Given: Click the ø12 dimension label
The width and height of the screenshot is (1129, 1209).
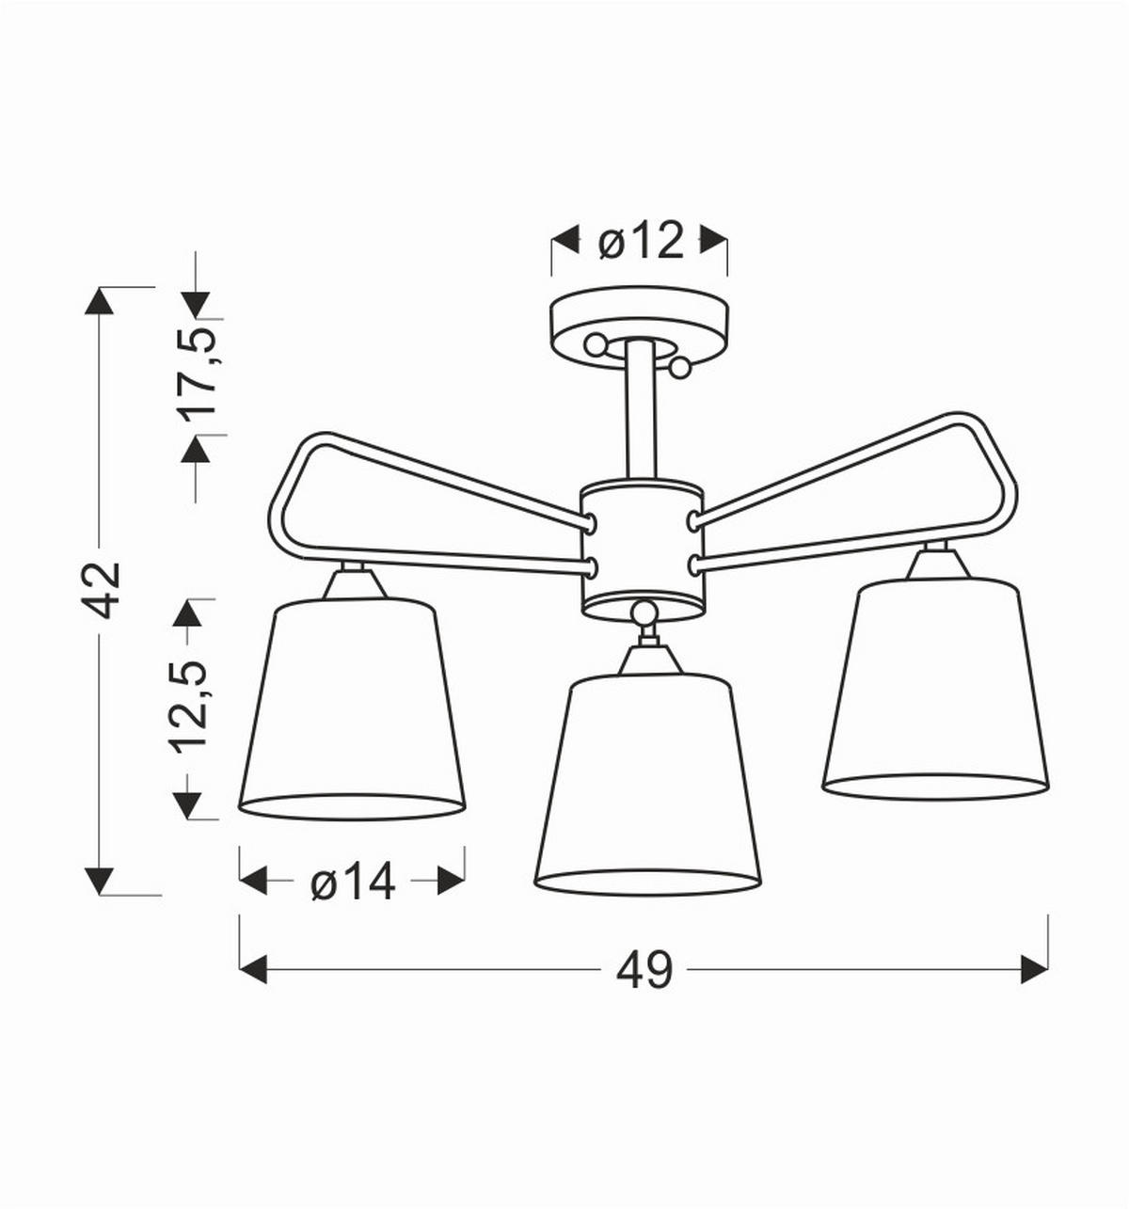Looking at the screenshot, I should tap(640, 243).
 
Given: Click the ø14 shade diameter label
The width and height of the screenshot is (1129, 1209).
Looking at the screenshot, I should tap(353, 883).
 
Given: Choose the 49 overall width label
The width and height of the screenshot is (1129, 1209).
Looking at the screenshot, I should tap(644, 969).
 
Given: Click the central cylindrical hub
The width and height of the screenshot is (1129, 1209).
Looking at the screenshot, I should tap(642, 546).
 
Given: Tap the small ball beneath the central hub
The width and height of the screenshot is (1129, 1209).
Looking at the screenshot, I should tap(644, 614).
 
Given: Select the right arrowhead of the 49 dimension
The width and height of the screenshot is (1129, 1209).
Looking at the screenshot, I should tap(1035, 969).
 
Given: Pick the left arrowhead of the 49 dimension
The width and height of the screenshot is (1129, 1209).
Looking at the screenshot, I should tap(253, 969).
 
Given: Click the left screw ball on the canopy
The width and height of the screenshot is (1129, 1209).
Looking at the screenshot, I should tap(595, 344).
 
